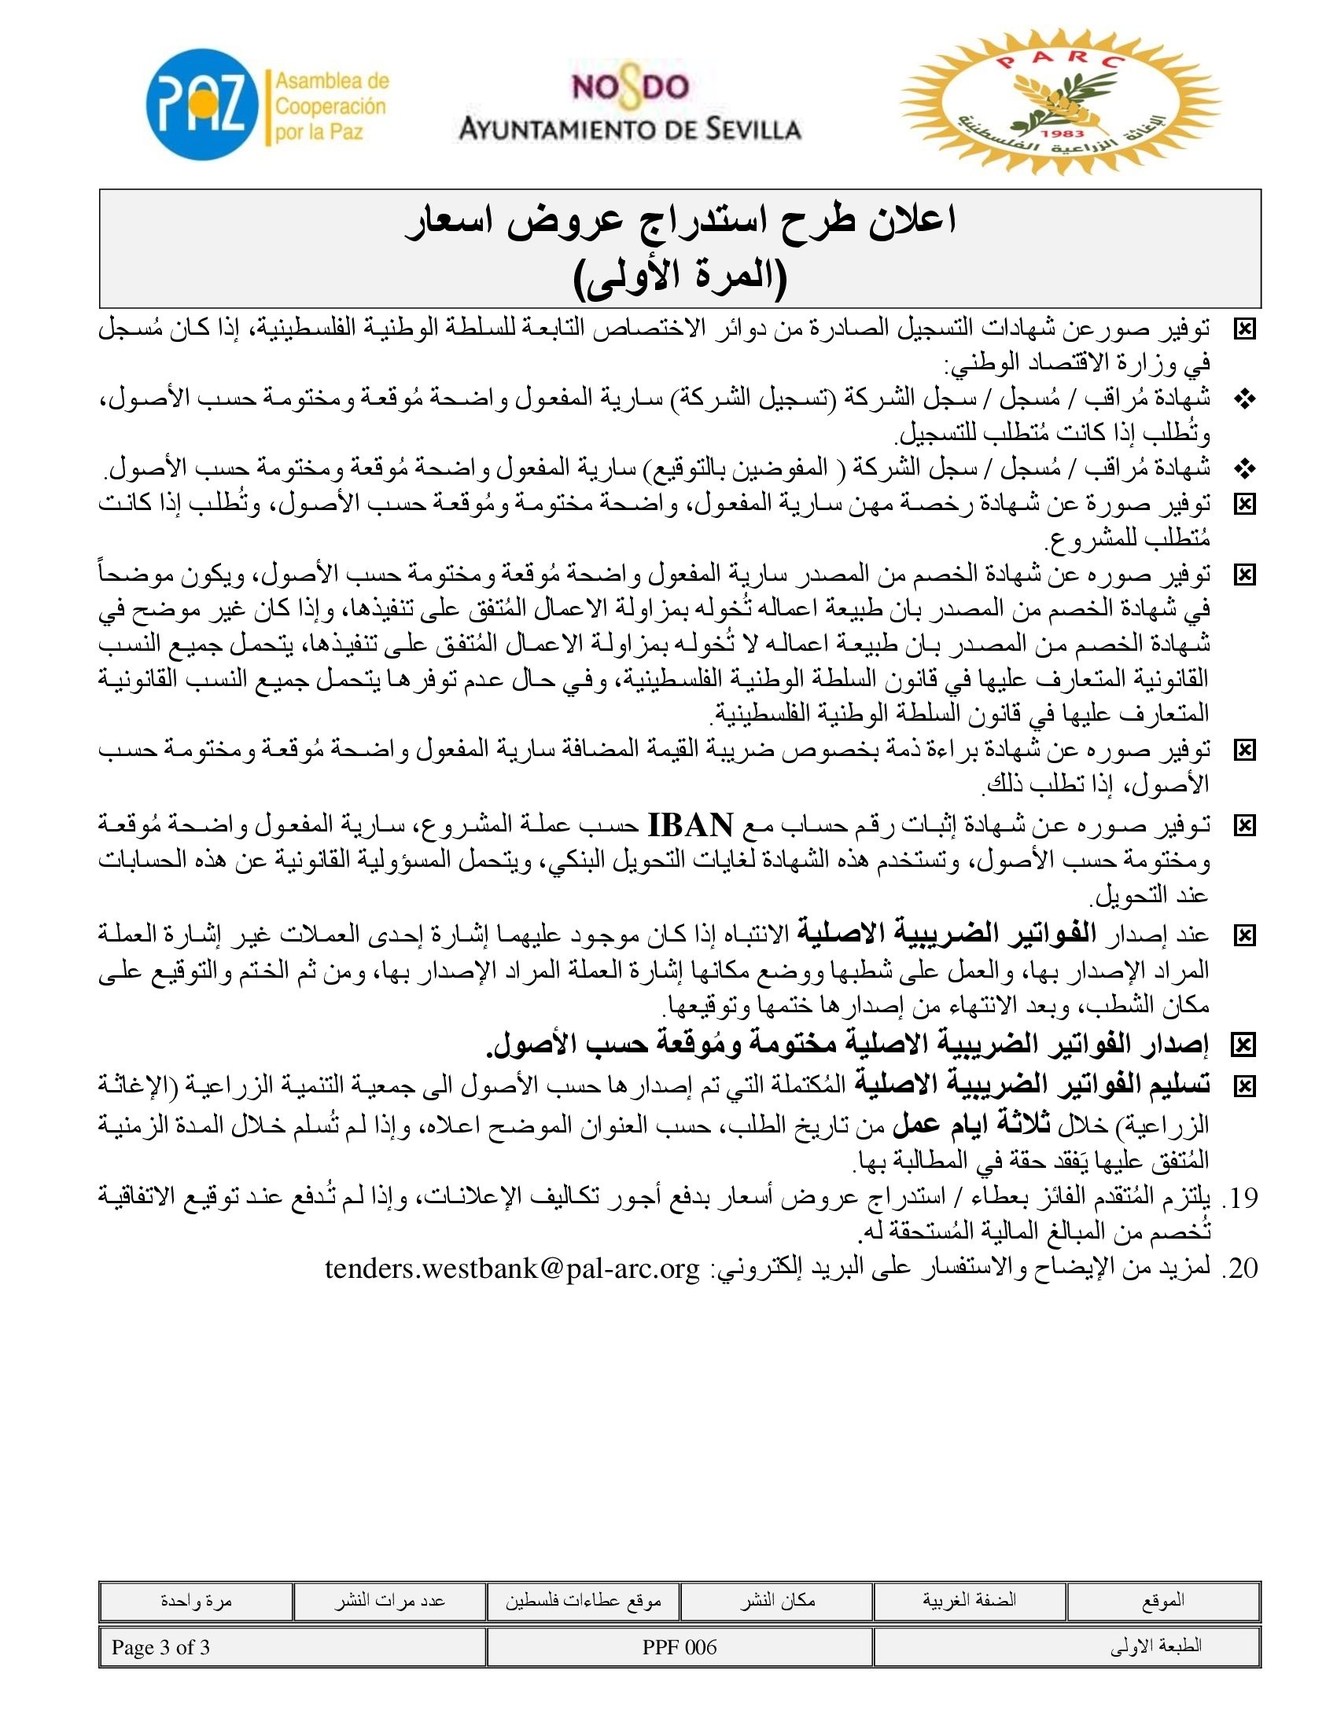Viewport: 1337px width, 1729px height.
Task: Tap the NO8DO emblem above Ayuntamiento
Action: (x=631, y=86)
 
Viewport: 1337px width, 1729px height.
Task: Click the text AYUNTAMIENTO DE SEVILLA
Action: (x=631, y=129)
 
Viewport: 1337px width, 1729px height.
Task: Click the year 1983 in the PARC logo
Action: (x=1063, y=134)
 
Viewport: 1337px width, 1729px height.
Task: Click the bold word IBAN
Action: (x=691, y=826)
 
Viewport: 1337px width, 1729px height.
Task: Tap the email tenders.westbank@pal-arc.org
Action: (x=513, y=1268)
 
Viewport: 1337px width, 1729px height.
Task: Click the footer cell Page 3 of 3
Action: (x=160, y=1647)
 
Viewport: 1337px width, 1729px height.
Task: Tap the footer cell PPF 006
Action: (x=679, y=1647)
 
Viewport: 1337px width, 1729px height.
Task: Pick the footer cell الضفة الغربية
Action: (x=969, y=1600)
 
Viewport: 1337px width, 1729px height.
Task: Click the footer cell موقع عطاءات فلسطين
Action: (x=583, y=1602)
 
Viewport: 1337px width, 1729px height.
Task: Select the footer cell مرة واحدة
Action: (x=196, y=1601)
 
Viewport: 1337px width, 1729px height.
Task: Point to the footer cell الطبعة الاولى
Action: (x=1155, y=1646)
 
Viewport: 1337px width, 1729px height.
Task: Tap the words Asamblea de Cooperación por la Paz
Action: (x=331, y=106)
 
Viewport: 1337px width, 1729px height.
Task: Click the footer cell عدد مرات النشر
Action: (x=389, y=1601)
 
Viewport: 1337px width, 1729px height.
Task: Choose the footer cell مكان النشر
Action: (x=777, y=1601)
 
